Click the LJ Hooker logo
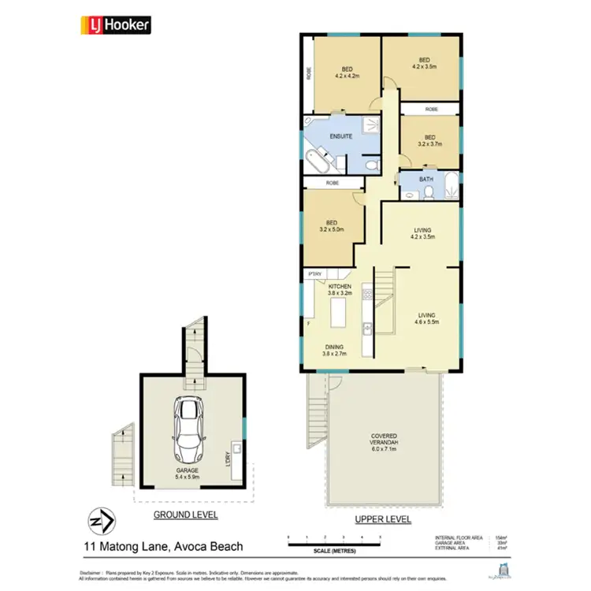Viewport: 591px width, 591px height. tap(114, 26)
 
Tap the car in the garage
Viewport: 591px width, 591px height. tap(190, 430)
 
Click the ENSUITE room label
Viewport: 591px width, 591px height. tap(319, 136)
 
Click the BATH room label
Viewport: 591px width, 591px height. tap(426, 180)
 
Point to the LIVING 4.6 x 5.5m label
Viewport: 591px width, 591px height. tap(426, 318)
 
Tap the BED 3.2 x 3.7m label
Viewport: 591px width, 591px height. tap(430, 140)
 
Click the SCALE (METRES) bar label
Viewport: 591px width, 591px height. tap(334, 550)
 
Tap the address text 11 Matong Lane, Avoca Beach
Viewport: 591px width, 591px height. tap(163, 545)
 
